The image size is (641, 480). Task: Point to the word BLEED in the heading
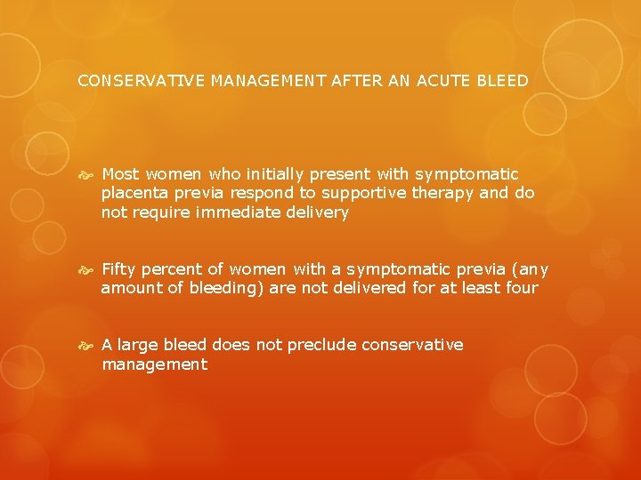coord(503,81)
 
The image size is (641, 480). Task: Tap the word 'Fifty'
coord(120,269)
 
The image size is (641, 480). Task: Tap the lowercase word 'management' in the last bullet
coord(154,364)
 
